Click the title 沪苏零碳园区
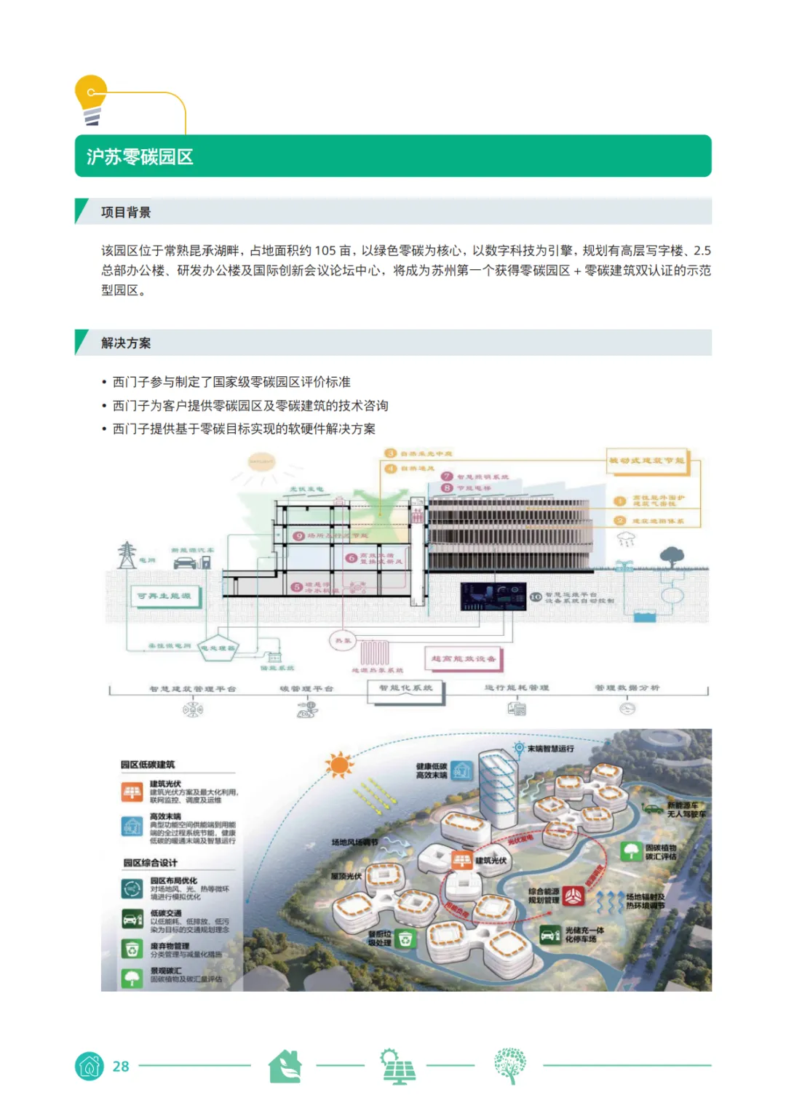tap(140, 156)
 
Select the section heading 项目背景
tap(126, 212)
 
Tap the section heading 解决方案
tap(126, 343)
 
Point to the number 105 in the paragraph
tap(325, 250)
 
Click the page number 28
tap(121, 1066)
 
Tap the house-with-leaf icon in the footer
tap(285, 1066)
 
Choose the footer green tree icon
tap(509, 1066)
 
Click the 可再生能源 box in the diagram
tap(164, 597)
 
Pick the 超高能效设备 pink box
tap(464, 658)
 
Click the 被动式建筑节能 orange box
tap(646, 461)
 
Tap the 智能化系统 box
tap(405, 688)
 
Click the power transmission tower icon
tap(127, 555)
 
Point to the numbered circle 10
tap(536, 597)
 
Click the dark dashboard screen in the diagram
tap(493, 596)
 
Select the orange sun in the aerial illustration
tap(339, 765)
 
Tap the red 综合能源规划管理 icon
tap(573, 896)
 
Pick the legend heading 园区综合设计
tap(150, 863)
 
